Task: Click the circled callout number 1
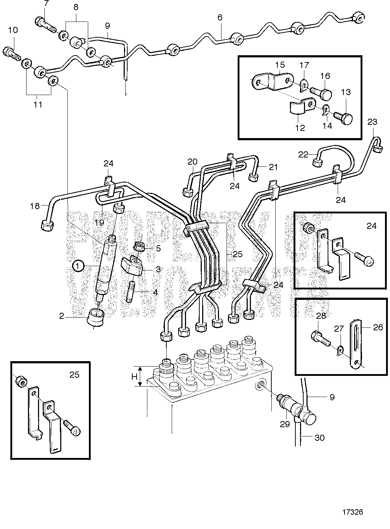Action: (78, 266)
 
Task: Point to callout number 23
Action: (372, 122)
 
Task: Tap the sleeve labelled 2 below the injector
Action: (96, 317)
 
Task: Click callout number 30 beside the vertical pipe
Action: (320, 438)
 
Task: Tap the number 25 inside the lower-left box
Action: (74, 375)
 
